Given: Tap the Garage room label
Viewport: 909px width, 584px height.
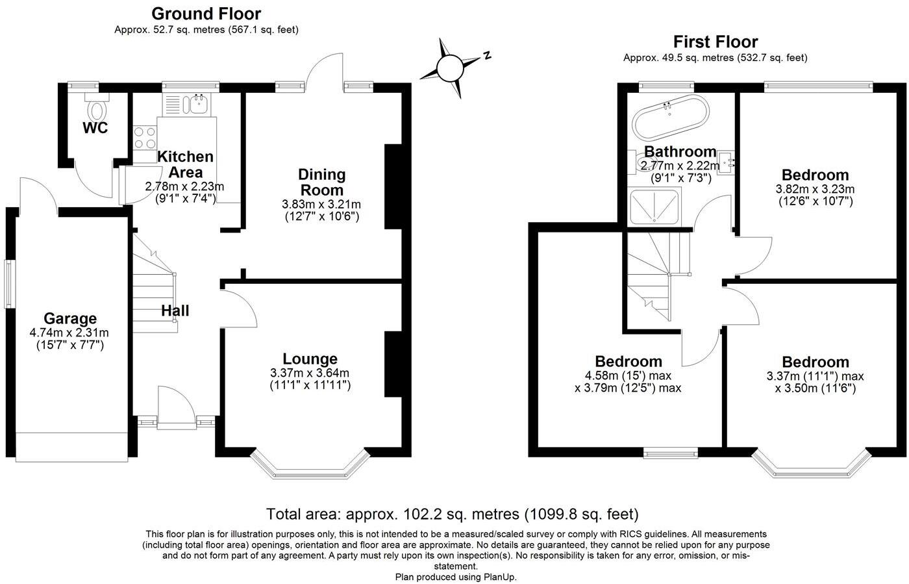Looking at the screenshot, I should (x=69, y=318).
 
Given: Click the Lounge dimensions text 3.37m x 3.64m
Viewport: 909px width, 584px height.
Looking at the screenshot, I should (x=310, y=373).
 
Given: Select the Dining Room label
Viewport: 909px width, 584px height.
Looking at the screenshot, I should (x=321, y=182).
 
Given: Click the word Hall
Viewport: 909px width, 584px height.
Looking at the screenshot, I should (x=175, y=311).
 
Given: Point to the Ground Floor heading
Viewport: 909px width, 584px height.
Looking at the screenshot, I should (x=206, y=13).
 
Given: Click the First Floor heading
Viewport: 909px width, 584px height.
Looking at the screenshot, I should (x=715, y=42).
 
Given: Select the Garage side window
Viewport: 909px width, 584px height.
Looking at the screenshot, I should (x=8, y=284).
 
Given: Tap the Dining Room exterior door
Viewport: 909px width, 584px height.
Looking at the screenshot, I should (x=326, y=70).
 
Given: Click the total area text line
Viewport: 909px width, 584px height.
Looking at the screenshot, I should (x=453, y=514).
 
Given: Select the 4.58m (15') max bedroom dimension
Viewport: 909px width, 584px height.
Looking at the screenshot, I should (x=628, y=375).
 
